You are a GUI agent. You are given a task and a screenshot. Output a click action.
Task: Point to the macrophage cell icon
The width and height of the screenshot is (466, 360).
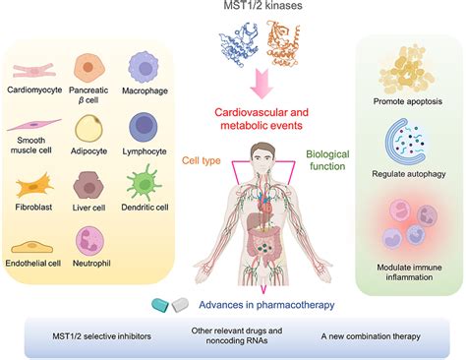(146, 68)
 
